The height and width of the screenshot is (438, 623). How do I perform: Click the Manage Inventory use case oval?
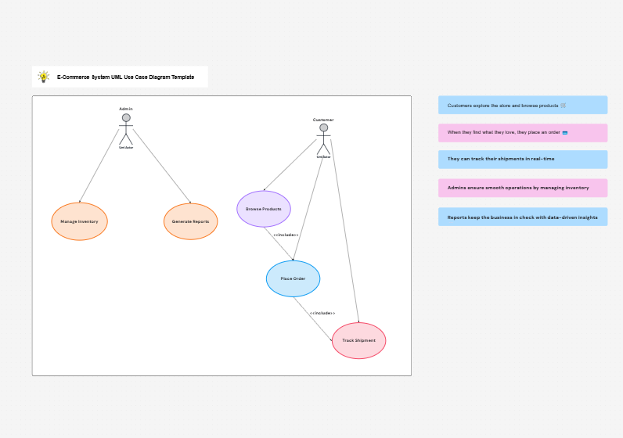[79, 221]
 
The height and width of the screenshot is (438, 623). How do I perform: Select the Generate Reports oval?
[190, 221]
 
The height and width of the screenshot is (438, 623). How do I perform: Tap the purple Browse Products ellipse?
[264, 209]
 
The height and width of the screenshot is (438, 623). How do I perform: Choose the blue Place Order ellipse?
[293, 278]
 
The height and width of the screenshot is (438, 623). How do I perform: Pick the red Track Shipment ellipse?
[358, 340]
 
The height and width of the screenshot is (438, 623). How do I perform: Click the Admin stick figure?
[126, 129]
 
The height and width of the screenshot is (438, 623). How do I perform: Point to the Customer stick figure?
[323, 139]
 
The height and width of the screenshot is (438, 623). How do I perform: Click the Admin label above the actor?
[126, 109]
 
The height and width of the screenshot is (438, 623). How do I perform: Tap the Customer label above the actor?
[323, 120]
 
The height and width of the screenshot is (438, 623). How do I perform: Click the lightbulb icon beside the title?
[44, 77]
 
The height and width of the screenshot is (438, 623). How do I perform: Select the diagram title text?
[125, 77]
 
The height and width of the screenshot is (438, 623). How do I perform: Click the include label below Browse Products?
[286, 235]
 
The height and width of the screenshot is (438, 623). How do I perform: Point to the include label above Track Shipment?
[322, 313]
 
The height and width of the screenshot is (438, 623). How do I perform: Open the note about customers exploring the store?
[522, 105]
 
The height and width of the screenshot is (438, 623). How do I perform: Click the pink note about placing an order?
[522, 132]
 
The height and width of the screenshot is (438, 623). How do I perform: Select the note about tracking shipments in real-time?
[522, 159]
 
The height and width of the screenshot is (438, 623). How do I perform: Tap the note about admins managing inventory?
[522, 188]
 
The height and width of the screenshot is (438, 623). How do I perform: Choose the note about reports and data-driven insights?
[522, 217]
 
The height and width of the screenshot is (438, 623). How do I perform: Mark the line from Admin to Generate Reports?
[162, 166]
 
